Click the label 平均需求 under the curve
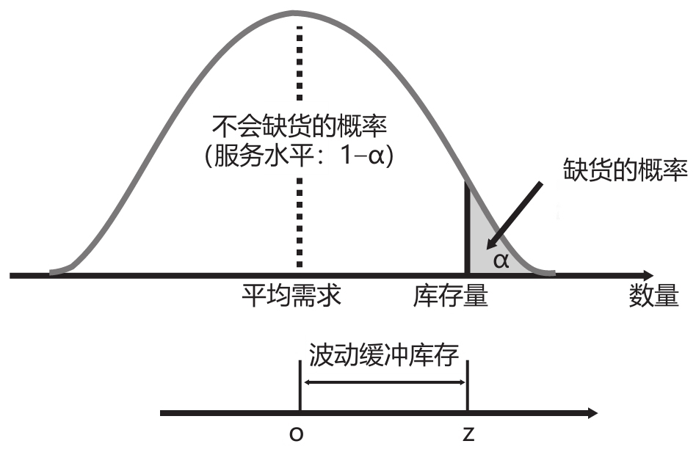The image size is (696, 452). click(x=293, y=297)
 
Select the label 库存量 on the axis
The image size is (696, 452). click(x=451, y=297)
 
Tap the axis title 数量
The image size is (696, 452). click(x=653, y=297)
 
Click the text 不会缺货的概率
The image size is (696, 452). click(x=298, y=127)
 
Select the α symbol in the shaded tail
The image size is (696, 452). click(x=501, y=260)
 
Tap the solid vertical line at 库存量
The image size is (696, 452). click(x=467, y=227)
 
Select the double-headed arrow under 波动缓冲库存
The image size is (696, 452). click(x=384, y=382)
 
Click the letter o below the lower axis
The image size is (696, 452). click(x=297, y=435)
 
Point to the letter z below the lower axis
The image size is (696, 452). click(x=468, y=435)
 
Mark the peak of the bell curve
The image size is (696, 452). click(x=297, y=12)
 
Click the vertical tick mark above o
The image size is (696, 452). click(x=299, y=385)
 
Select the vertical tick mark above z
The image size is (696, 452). click(x=467, y=385)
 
